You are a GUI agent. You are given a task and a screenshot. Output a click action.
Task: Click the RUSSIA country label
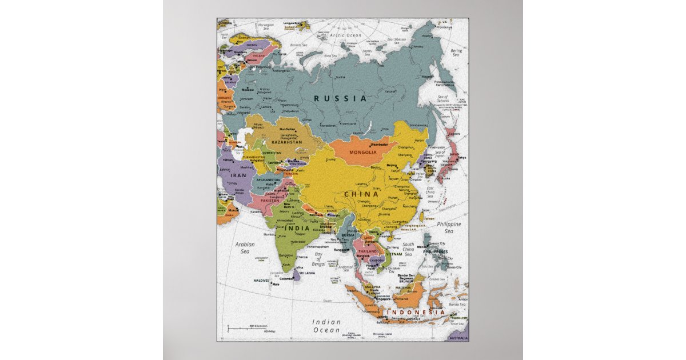click(340, 98)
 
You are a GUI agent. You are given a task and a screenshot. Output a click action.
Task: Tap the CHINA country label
click(361, 194)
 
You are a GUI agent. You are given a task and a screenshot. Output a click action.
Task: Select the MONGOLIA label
click(363, 153)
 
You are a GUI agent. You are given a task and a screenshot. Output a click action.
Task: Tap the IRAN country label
click(238, 176)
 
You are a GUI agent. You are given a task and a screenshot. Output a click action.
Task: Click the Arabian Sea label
click(245, 247)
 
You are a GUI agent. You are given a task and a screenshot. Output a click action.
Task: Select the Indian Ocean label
click(326, 326)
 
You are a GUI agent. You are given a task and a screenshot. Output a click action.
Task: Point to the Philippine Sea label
click(449, 227)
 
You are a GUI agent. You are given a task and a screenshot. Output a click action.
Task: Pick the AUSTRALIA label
click(457, 338)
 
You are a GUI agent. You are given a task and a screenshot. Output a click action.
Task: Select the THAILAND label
click(367, 251)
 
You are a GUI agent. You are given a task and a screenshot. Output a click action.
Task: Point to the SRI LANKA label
click(306, 273)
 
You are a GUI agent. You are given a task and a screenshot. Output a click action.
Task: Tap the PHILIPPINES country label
click(436, 251)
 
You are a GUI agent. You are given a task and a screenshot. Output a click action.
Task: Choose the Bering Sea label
click(456, 53)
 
